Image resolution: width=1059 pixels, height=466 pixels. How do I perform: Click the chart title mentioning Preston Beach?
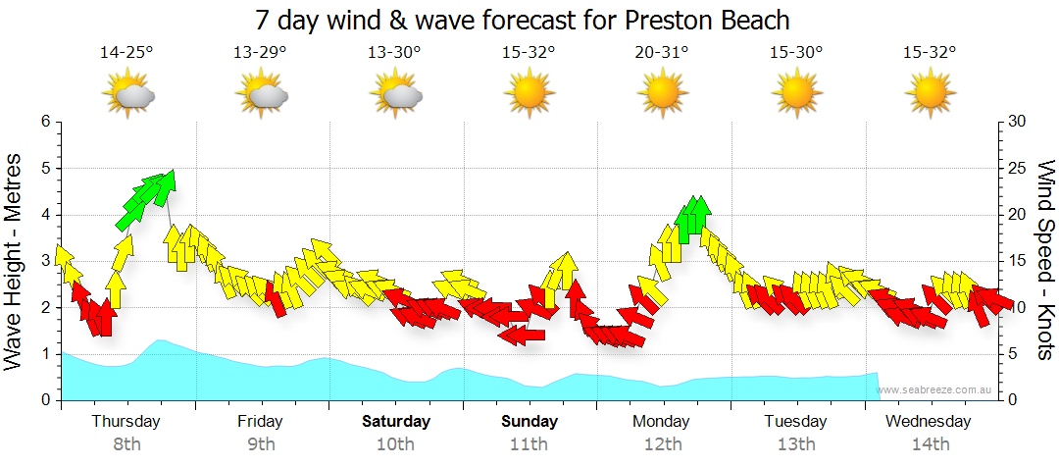pyautogui.click(x=523, y=20)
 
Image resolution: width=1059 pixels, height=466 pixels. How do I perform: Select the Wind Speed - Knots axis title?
pyautogui.click(x=1043, y=260)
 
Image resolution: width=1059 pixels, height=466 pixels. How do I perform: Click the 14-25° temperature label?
pyautogui.click(x=126, y=52)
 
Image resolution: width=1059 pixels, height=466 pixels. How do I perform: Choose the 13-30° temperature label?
pyautogui.click(x=394, y=52)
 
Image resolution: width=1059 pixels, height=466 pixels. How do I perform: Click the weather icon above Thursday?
pyautogui.click(x=128, y=95)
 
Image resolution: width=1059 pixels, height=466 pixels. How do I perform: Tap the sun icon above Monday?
pyautogui.click(x=663, y=94)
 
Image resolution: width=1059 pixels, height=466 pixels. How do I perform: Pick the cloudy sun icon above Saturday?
pyautogui.click(x=396, y=95)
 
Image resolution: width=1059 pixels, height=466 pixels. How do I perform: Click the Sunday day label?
pyautogui.click(x=529, y=422)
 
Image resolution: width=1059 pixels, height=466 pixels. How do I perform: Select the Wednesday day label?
pyautogui.click(x=928, y=422)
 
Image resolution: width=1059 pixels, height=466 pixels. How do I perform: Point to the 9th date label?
pyautogui.click(x=261, y=444)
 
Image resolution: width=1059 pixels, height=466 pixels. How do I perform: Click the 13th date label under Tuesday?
pyautogui.click(x=796, y=444)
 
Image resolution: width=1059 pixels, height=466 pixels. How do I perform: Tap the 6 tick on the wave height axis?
pyautogui.click(x=45, y=122)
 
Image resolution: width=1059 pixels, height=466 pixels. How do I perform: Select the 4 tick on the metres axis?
pyautogui.click(x=45, y=215)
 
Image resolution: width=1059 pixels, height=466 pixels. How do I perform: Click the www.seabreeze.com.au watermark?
pyautogui.click(x=935, y=390)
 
